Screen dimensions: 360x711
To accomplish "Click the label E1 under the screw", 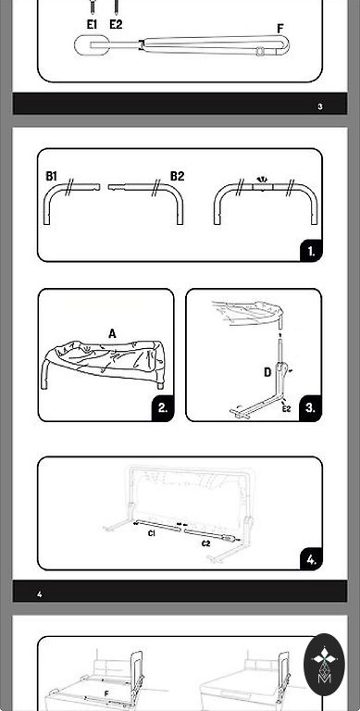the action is pyautogui.click(x=92, y=24).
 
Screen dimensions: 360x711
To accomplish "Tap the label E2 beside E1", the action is pyautogui.click(x=116, y=24).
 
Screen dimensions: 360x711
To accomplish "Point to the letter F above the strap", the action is pyautogui.click(x=280, y=29).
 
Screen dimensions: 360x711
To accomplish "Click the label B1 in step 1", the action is pyautogui.click(x=52, y=176).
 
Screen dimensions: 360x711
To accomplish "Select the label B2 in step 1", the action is pyautogui.click(x=178, y=176).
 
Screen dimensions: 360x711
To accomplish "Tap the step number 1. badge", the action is pyautogui.click(x=311, y=251).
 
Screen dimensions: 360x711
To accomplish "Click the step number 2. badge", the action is pyautogui.click(x=163, y=407).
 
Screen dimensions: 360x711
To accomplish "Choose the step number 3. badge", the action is pyautogui.click(x=310, y=407).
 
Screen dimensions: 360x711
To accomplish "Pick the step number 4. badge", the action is pyautogui.click(x=311, y=559).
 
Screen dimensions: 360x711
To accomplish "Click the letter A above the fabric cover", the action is pyautogui.click(x=112, y=334).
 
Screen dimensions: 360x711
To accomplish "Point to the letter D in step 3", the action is pyautogui.click(x=267, y=373).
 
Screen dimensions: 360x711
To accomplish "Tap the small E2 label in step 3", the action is pyautogui.click(x=286, y=409).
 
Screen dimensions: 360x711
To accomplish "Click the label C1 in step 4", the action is pyautogui.click(x=152, y=533).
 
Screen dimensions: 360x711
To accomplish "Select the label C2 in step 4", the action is pyautogui.click(x=206, y=543).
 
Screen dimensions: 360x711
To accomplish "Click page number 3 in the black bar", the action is pyautogui.click(x=320, y=107).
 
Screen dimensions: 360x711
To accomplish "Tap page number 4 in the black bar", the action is pyautogui.click(x=40, y=594).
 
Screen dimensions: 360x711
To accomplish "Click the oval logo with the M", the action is pyautogui.click(x=324, y=665).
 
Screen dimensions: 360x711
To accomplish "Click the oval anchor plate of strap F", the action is pyautogui.click(x=91, y=45).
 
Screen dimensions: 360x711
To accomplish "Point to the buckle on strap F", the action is pyautogui.click(x=260, y=51).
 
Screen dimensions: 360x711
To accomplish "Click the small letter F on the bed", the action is pyautogui.click(x=106, y=693).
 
